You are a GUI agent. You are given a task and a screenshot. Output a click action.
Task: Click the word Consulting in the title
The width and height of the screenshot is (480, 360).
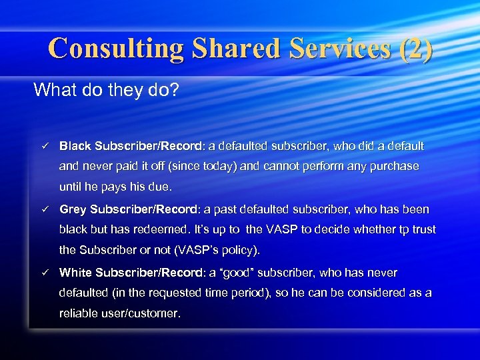(115, 49)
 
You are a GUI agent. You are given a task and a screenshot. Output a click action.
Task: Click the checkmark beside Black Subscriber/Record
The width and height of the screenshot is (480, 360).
(43, 146)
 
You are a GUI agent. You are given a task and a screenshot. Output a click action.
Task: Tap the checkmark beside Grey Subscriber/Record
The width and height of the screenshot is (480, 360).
(43, 209)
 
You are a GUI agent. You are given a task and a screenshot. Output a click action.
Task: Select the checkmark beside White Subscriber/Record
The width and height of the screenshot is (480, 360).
(43, 273)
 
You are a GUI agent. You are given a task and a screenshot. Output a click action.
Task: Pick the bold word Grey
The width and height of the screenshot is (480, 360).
(73, 209)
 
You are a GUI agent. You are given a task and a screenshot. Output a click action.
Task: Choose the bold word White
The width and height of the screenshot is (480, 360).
(75, 273)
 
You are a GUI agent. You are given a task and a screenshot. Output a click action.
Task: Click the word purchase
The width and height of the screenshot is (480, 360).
(395, 166)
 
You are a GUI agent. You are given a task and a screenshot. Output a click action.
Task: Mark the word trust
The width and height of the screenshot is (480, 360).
(422, 229)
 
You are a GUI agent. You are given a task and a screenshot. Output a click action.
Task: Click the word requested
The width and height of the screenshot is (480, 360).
(183, 293)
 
